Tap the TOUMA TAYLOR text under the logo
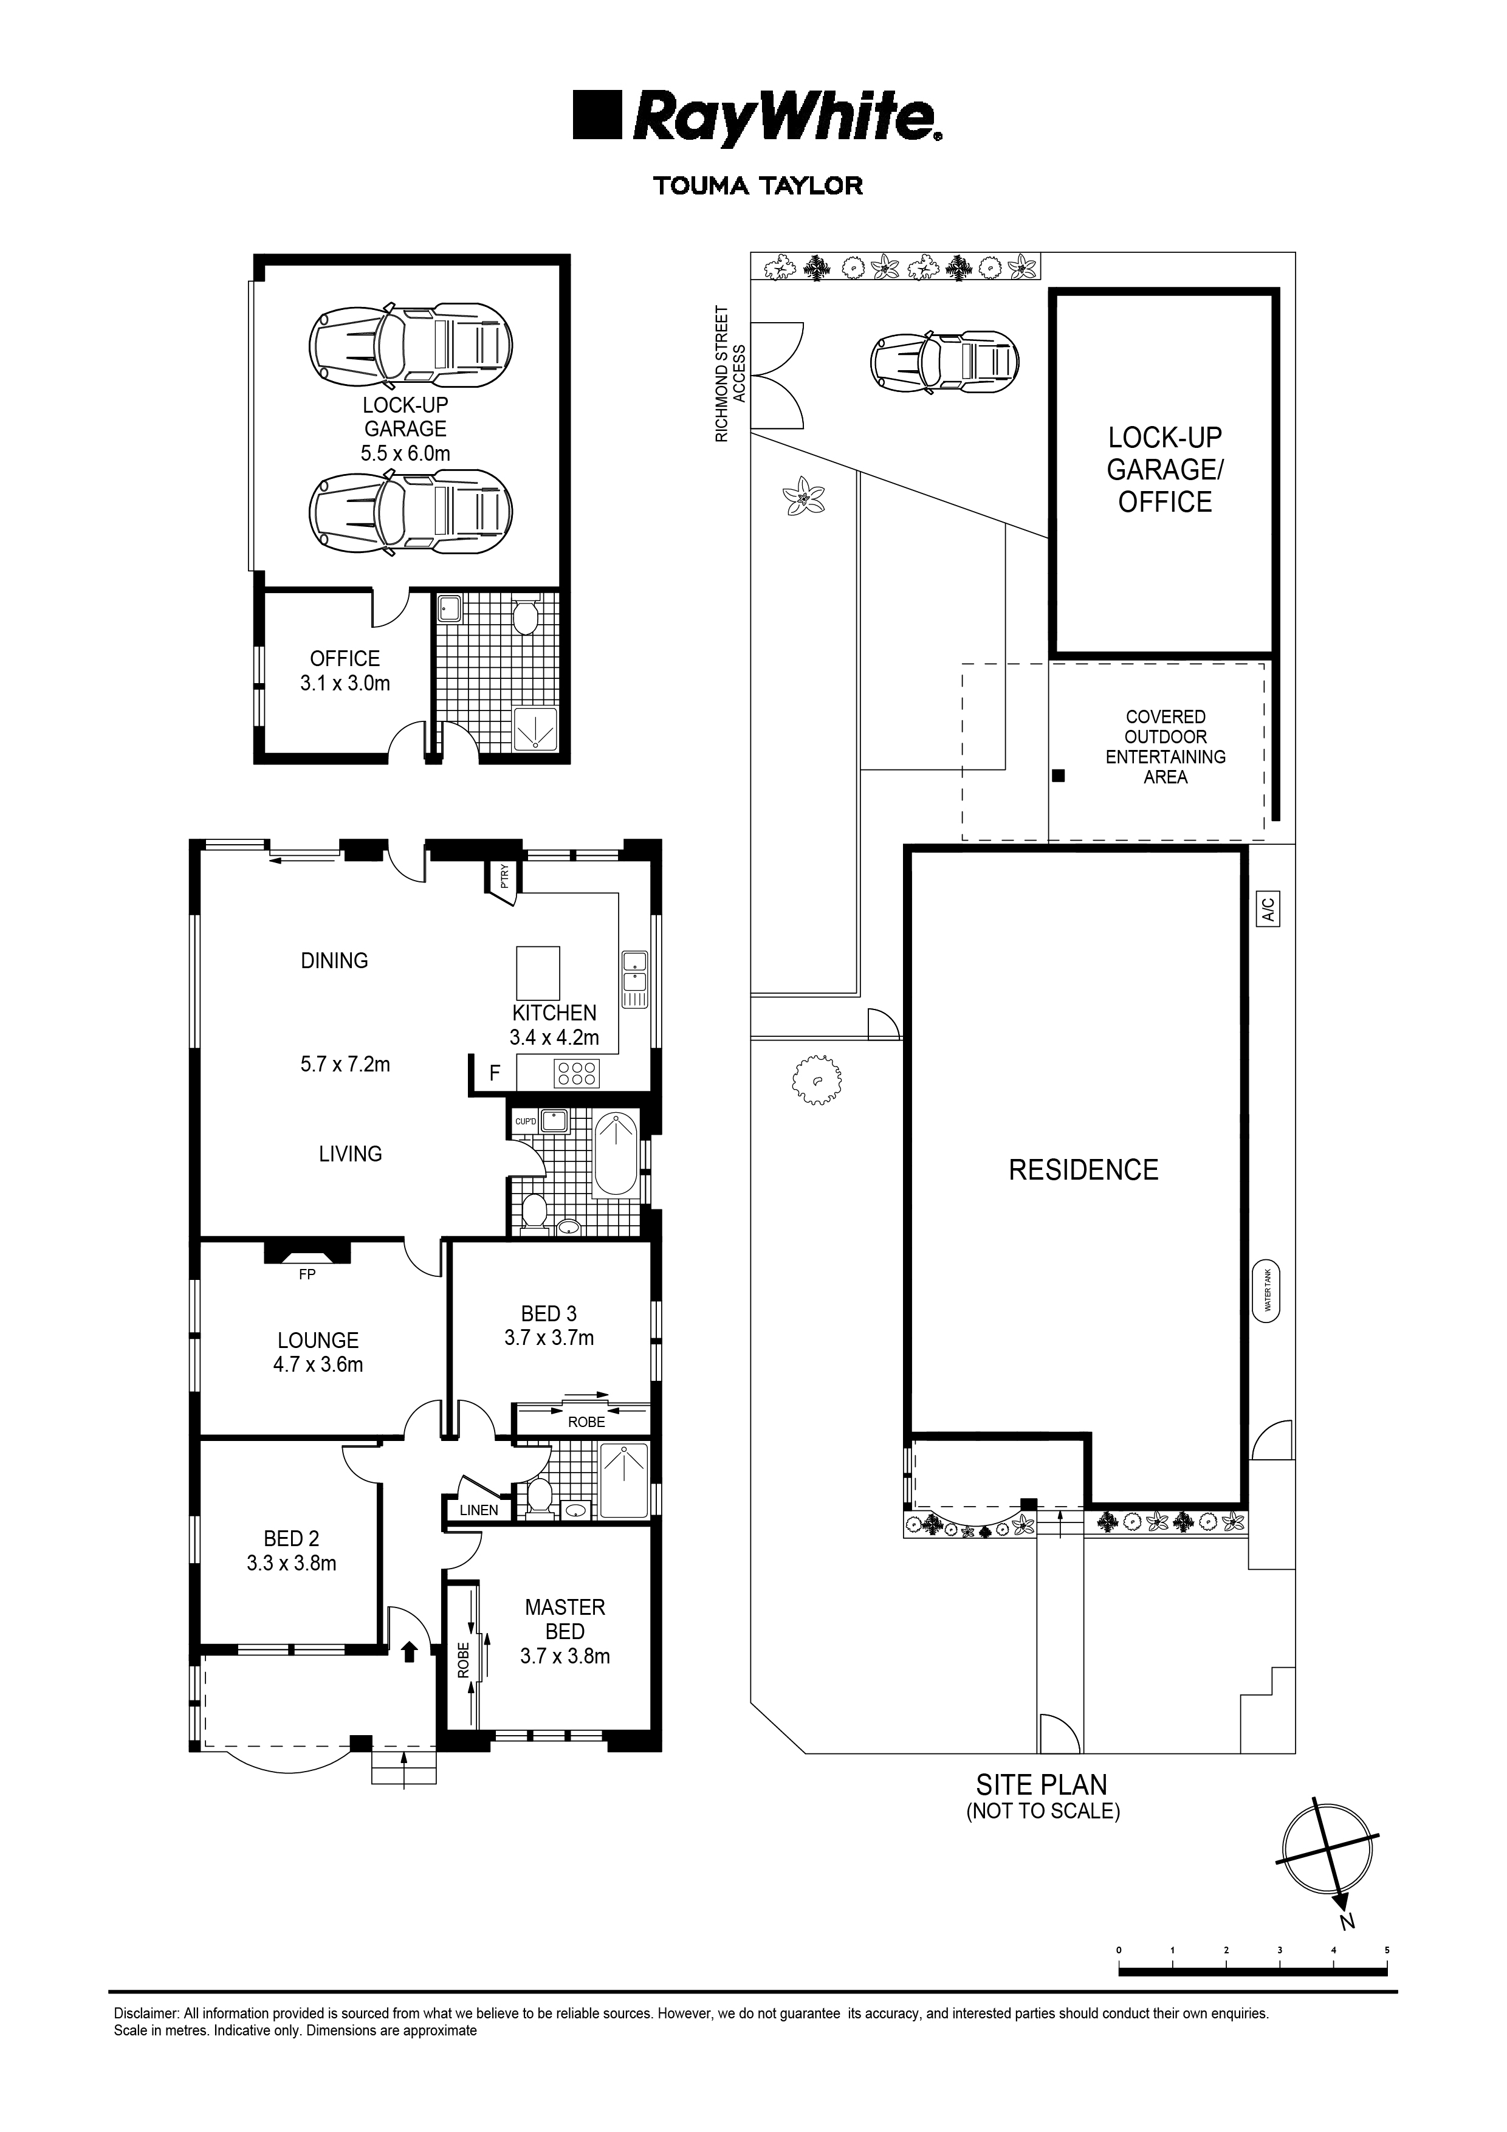(x=758, y=186)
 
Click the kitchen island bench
(x=538, y=972)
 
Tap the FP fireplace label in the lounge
(x=307, y=1275)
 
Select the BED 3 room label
(x=549, y=1314)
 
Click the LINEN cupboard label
(x=479, y=1510)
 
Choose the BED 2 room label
(x=292, y=1539)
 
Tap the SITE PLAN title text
(x=1042, y=1785)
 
